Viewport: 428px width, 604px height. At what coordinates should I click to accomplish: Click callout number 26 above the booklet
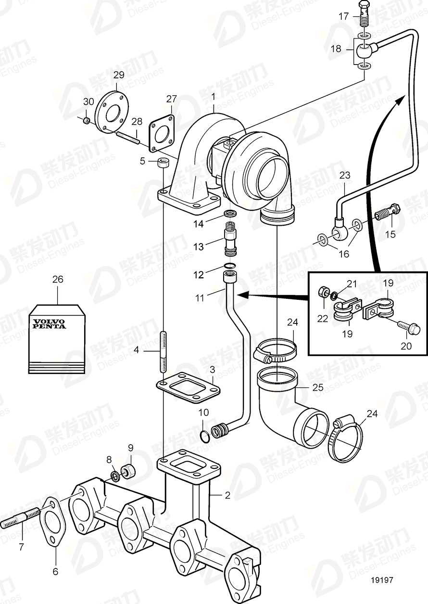(x=58, y=279)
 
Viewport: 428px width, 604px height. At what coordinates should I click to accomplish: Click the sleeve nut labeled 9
(x=128, y=470)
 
